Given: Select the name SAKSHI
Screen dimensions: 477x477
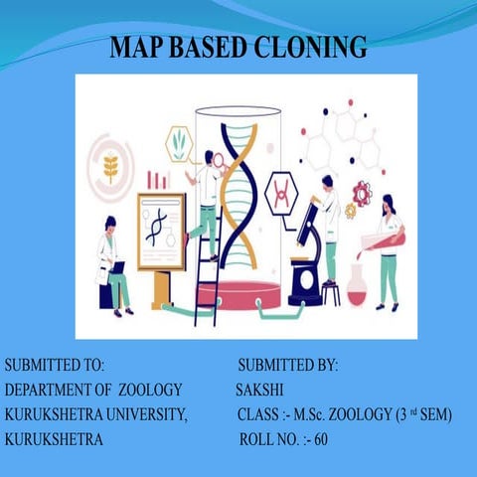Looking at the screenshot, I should tap(259, 389).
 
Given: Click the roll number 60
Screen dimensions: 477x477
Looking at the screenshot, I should tap(320, 438).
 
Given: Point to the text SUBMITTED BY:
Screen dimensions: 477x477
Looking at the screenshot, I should tap(288, 366).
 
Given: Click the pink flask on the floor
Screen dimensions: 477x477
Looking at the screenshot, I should tap(356, 289).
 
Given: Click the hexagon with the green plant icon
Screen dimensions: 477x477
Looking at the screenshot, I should tap(179, 144).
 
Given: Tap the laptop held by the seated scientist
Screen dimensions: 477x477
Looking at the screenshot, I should tap(117, 267).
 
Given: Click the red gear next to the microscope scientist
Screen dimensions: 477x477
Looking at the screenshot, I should tap(360, 193).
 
